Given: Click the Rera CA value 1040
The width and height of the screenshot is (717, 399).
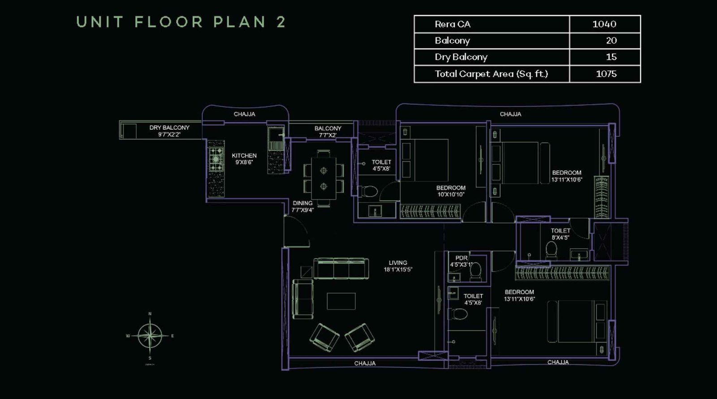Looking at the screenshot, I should (x=604, y=24).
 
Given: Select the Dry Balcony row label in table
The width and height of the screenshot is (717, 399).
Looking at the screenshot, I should (x=461, y=57).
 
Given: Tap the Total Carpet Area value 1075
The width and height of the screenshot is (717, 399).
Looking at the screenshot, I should (x=606, y=74).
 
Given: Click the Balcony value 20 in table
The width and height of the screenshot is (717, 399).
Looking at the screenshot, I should (x=611, y=40).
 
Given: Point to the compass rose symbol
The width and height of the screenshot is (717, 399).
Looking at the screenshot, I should (x=150, y=336).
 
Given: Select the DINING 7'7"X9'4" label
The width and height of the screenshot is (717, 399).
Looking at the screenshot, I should (x=302, y=206).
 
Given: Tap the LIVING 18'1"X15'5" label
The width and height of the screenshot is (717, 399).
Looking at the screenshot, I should (x=398, y=266).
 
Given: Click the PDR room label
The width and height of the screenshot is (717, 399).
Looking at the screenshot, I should (x=461, y=258).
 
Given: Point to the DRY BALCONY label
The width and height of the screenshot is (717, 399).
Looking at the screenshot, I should (x=169, y=131).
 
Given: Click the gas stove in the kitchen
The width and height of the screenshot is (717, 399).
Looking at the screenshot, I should (x=216, y=159).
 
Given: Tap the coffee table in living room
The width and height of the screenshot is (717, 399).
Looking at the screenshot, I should (x=341, y=301).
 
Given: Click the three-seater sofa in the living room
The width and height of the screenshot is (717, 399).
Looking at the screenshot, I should (x=341, y=268).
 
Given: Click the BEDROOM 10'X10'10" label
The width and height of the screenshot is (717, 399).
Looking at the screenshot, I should (x=451, y=191).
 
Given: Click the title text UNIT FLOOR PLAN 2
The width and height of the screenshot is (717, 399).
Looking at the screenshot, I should (x=181, y=22).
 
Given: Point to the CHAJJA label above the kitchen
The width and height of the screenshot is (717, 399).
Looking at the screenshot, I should (x=244, y=114).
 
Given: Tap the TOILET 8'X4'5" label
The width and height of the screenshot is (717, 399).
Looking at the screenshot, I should (x=560, y=234).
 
